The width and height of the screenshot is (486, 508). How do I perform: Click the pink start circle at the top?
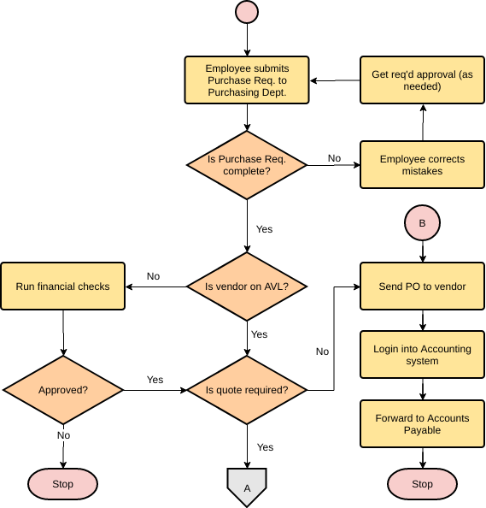click(x=247, y=12)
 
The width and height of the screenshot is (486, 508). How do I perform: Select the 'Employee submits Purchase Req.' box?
click(x=247, y=80)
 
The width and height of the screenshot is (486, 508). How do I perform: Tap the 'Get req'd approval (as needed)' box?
click(x=422, y=80)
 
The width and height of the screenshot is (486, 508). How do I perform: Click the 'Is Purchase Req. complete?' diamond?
click(x=247, y=165)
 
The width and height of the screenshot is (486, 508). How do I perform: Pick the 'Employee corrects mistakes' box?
click(x=422, y=165)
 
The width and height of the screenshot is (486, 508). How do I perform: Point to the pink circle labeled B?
click(x=422, y=223)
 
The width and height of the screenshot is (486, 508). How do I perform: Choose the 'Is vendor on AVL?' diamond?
click(x=247, y=286)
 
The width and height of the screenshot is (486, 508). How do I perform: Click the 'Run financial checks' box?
click(x=63, y=286)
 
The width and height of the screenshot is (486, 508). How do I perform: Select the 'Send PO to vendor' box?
click(x=422, y=286)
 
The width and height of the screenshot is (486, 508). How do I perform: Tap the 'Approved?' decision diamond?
click(x=63, y=390)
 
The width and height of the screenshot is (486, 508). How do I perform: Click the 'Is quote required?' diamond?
click(x=247, y=390)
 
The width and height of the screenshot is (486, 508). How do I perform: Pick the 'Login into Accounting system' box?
click(x=422, y=355)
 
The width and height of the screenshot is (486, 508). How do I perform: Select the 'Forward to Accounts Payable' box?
click(x=422, y=424)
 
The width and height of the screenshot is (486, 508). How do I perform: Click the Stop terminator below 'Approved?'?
click(x=63, y=484)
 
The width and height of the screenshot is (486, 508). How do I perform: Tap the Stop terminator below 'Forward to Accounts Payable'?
click(x=422, y=484)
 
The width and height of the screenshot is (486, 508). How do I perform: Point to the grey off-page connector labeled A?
click(x=247, y=487)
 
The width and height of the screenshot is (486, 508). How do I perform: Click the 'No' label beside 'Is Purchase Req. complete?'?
click(x=334, y=158)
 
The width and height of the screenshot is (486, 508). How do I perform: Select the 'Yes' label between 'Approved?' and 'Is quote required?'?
click(x=155, y=380)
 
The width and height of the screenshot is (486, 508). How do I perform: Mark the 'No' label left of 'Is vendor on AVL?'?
click(x=153, y=276)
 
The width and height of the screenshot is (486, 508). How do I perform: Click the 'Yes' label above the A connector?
click(x=265, y=447)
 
